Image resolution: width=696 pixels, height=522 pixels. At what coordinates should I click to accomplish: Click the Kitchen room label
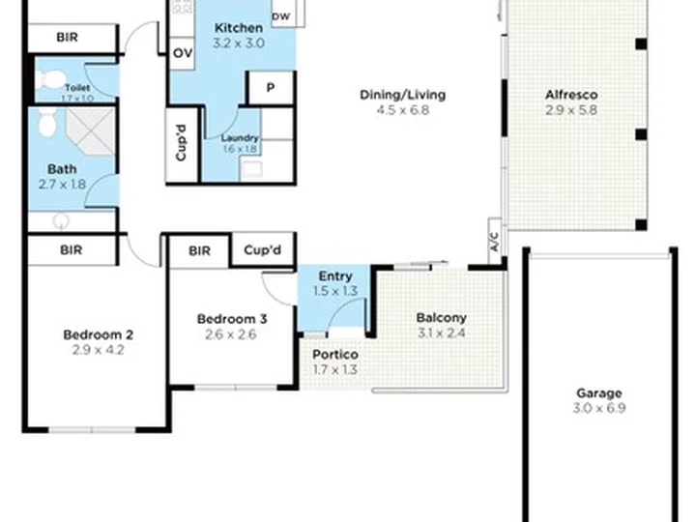(238, 28)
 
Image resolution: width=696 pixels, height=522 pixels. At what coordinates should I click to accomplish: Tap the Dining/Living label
(402, 95)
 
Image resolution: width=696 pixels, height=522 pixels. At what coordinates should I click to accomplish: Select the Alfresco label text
(571, 95)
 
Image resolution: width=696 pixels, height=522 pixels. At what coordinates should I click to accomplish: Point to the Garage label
(599, 393)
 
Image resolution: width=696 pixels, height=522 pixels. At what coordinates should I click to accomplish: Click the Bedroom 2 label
(98, 334)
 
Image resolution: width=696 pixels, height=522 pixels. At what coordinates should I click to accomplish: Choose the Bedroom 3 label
(232, 319)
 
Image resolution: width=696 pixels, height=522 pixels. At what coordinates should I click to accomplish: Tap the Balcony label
(441, 317)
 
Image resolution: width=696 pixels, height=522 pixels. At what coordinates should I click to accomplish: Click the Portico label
(335, 354)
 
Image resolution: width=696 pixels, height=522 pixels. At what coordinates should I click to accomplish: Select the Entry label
(334, 276)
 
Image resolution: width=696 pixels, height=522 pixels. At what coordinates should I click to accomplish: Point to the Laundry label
(239, 138)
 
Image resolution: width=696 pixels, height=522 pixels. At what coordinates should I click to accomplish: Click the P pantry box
(271, 87)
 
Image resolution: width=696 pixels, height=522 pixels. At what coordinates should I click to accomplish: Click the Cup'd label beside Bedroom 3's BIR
(262, 250)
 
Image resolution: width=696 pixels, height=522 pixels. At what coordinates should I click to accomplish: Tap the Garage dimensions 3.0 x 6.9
(599, 409)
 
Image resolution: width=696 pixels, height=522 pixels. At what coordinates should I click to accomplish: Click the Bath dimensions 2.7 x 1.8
(63, 182)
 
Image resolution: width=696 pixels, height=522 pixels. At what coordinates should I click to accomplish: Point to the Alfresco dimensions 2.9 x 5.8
(571, 110)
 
